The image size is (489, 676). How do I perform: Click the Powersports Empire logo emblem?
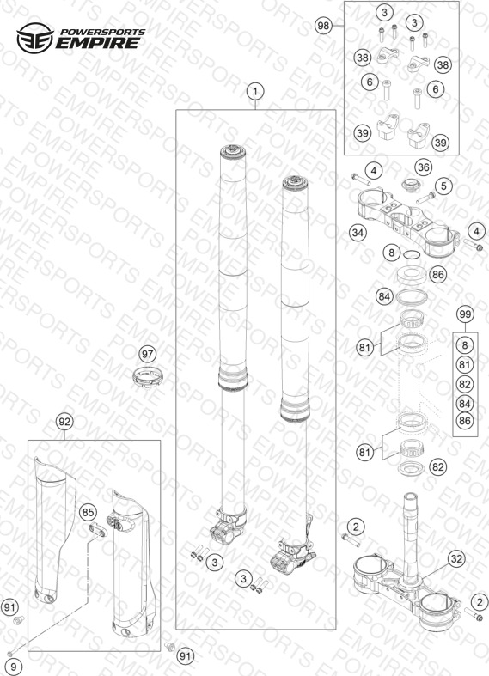pyautogui.click(x=35, y=38)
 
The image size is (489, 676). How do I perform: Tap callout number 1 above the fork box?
pyautogui.click(x=255, y=92)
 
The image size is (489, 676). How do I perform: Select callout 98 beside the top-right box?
pyautogui.click(x=323, y=26)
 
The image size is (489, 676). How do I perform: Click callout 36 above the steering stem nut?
pyautogui.click(x=423, y=167)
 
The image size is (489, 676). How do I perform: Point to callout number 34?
pyautogui.click(x=358, y=233)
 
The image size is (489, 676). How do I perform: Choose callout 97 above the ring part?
pyautogui.click(x=148, y=355)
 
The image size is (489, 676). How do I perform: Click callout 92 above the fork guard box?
pyautogui.click(x=64, y=422)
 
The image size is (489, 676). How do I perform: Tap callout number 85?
pyautogui.click(x=88, y=513)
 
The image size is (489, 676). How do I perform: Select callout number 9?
pyautogui.click(x=13, y=667)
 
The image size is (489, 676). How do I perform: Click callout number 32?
pyautogui.click(x=455, y=558)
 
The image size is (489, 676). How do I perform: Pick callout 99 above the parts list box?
pyautogui.click(x=465, y=314)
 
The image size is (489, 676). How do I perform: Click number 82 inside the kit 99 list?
pyautogui.click(x=464, y=384)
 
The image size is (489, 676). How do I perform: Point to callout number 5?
pyautogui.click(x=443, y=186)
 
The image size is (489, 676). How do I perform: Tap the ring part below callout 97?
pyautogui.click(x=148, y=377)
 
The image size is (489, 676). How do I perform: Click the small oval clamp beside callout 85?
pyautogui.click(x=97, y=529)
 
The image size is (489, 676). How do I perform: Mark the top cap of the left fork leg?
pyautogui.click(x=233, y=151)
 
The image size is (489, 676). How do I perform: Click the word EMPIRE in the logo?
pyautogui.click(x=99, y=43)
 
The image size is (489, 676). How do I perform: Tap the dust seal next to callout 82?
pyautogui.click(x=411, y=468)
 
